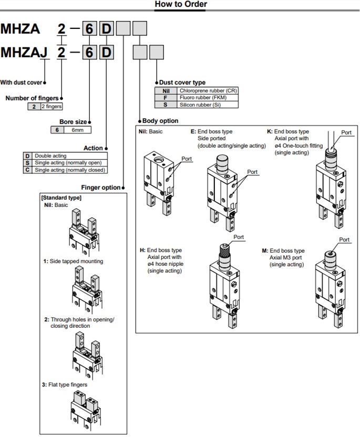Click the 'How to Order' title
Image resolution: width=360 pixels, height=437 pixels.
click(x=180, y=5)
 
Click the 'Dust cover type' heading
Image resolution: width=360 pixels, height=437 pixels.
click(x=182, y=82)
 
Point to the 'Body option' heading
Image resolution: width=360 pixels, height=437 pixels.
click(x=160, y=121)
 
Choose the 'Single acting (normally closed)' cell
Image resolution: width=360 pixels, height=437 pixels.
click(x=69, y=170)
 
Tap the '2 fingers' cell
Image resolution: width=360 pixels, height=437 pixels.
click(x=50, y=107)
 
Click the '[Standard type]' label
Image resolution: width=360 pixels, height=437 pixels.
click(x=61, y=197)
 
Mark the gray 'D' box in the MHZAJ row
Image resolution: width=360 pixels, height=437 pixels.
click(x=106, y=53)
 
